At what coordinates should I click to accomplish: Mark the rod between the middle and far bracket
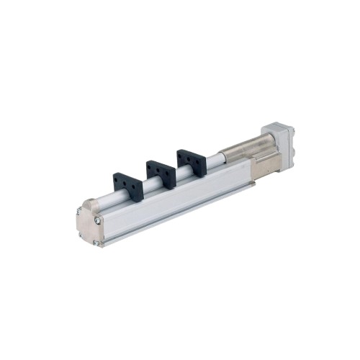175,174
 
